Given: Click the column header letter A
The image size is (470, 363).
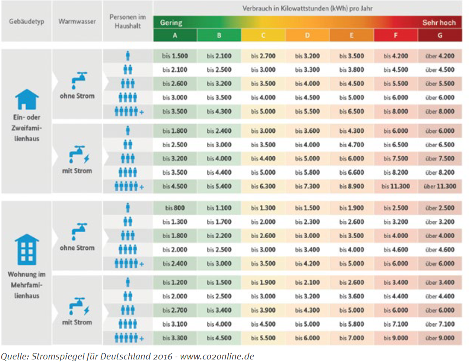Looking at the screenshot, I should click(175, 35).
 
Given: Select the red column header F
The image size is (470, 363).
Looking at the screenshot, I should click(396, 35).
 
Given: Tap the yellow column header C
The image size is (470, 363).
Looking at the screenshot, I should click(263, 35).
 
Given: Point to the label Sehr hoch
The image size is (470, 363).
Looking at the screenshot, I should click(439, 22).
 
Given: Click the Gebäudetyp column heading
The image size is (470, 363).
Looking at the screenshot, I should click(26, 21).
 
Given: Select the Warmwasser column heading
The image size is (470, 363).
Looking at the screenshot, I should click(77, 21).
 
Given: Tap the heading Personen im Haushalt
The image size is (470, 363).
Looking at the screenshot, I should click(128, 21).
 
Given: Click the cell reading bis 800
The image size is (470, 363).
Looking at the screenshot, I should click(175, 208).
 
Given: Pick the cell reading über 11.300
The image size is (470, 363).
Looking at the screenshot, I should click(440, 186).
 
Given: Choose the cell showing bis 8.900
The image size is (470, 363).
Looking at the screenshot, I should click(351, 186).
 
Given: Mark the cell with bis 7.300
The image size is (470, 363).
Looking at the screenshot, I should click(307, 186).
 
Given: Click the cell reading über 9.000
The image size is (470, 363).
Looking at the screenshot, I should click(440, 338).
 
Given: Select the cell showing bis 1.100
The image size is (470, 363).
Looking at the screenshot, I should click(219, 208).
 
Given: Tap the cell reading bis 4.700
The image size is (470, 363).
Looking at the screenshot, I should click(351, 145).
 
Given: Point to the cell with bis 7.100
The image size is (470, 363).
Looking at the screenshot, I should click(396, 324).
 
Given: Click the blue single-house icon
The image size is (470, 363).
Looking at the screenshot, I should click(27, 99).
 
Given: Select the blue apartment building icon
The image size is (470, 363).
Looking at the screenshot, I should click(27, 250).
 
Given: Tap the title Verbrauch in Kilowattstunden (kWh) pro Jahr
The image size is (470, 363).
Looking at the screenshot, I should click(308, 8).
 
